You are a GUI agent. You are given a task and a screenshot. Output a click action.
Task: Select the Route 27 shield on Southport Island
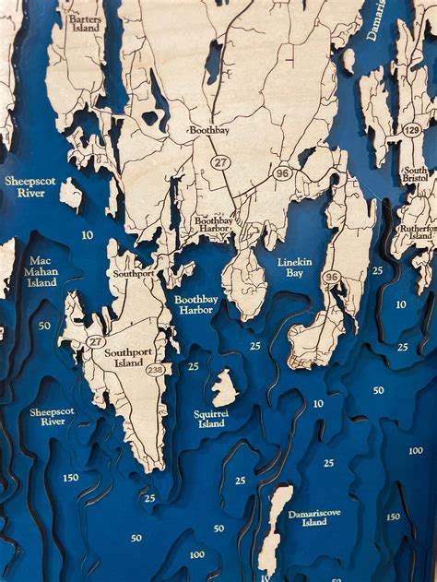click(96, 342)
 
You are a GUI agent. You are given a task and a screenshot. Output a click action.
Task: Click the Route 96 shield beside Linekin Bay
click(332, 277)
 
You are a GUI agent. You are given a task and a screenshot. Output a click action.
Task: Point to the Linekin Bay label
click(295, 267)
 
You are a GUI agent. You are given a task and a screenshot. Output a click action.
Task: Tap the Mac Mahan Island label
click(42, 271)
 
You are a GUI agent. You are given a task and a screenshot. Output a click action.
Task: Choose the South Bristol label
click(415, 175)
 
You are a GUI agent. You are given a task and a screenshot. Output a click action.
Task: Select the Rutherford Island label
click(415, 230)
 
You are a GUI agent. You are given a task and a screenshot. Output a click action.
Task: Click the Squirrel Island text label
click(211, 418)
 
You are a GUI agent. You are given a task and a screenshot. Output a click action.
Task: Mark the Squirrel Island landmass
click(224, 388)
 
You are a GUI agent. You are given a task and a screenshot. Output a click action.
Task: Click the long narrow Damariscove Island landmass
click(273, 526)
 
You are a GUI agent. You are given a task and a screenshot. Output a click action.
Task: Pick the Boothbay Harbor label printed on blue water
click(194, 304)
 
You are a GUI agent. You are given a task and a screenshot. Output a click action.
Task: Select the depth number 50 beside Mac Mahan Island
click(44, 326)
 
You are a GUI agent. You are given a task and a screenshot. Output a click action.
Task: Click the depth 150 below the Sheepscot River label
click(70, 477)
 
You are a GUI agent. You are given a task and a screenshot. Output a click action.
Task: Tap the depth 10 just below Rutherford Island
click(401, 303)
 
